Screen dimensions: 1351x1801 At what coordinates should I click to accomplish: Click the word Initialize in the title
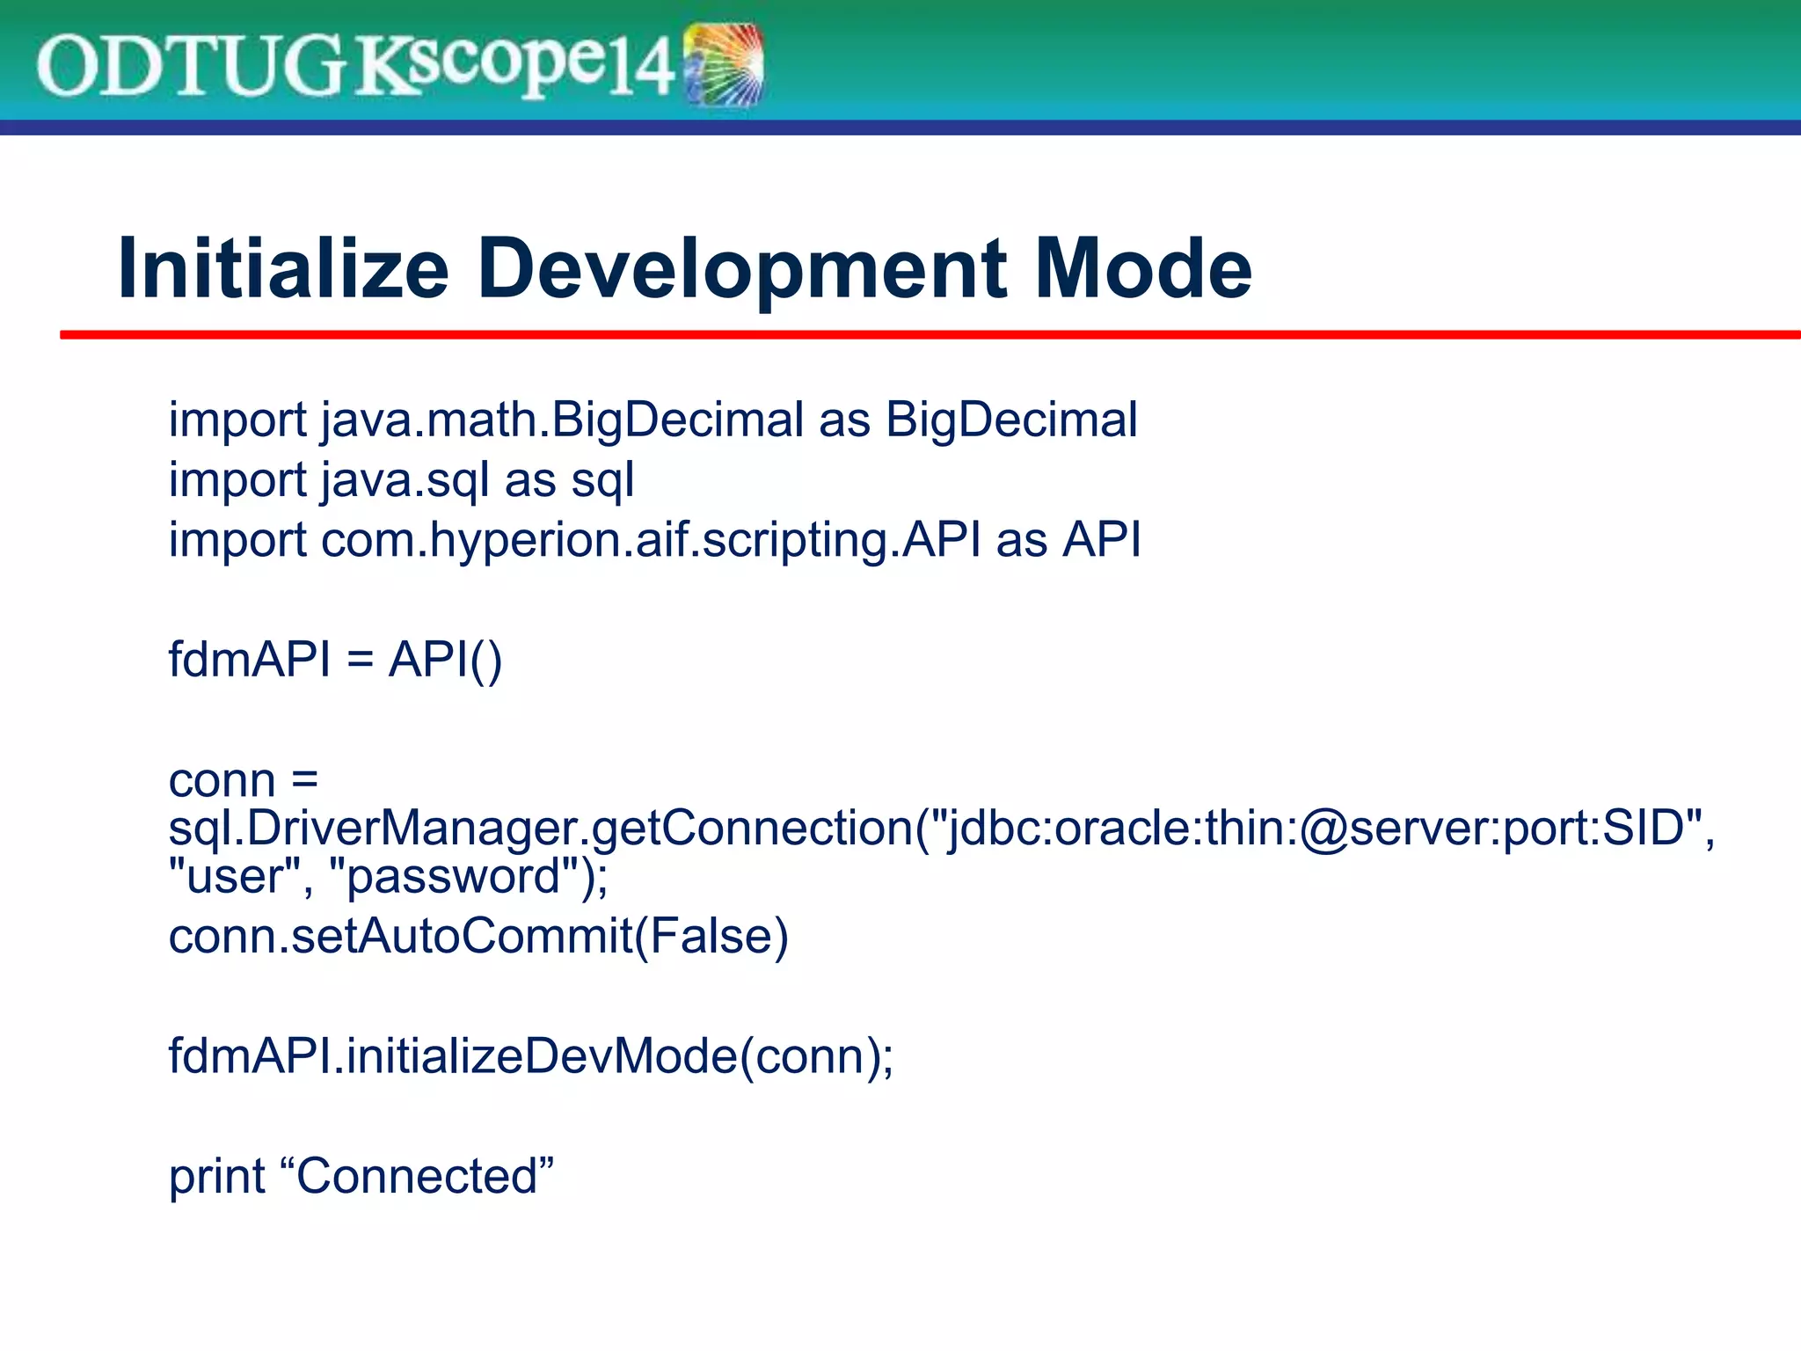click(282, 268)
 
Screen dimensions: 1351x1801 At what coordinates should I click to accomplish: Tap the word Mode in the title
click(1143, 268)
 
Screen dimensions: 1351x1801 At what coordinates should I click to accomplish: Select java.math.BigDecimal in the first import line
click(562, 420)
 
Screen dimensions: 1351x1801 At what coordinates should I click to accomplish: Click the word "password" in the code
click(454, 876)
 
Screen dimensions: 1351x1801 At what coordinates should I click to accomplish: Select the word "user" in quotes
click(234, 876)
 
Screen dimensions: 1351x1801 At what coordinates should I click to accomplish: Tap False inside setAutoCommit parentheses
click(711, 936)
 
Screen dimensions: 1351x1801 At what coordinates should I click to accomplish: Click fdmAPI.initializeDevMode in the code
click(453, 1055)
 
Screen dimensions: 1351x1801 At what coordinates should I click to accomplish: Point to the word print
click(216, 1176)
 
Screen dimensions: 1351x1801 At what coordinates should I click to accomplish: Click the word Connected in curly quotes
click(418, 1176)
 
